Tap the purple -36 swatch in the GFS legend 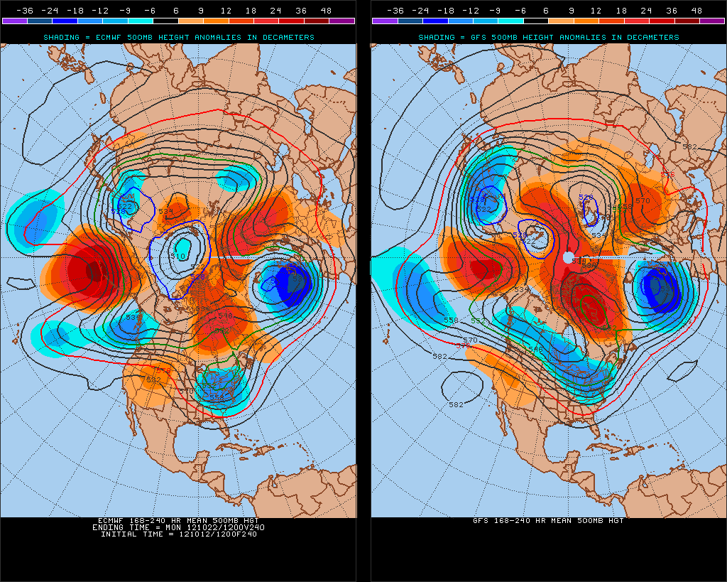384,21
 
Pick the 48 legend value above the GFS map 696,11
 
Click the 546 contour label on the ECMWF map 225,316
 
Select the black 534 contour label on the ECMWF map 165,212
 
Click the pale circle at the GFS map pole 568,257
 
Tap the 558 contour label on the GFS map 450,320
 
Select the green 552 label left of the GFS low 478,320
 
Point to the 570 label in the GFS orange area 643,201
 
